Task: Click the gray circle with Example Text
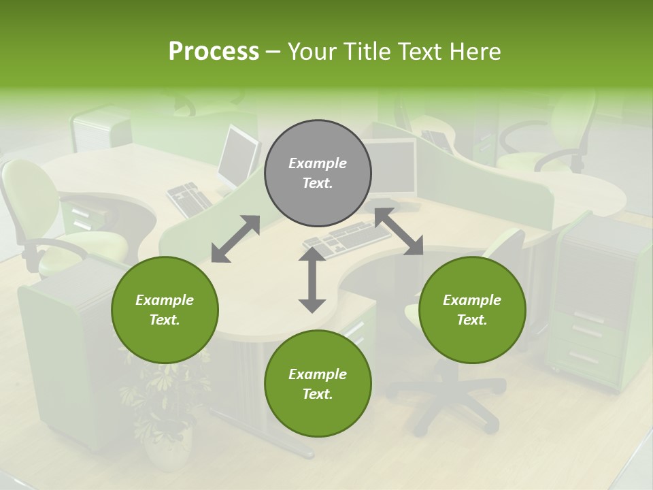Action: click(x=318, y=174)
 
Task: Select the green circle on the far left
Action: click(x=165, y=310)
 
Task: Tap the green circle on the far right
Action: click(x=472, y=310)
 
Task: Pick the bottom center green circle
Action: click(x=318, y=384)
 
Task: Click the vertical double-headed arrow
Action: click(x=312, y=280)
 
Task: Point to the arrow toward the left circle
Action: click(x=235, y=239)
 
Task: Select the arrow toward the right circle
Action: click(x=399, y=232)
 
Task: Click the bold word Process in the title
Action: click(x=214, y=52)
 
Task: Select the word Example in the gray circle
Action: click(x=318, y=163)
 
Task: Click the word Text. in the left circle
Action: click(x=165, y=320)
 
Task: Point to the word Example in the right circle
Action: click(x=472, y=300)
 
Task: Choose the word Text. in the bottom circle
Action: click(x=318, y=394)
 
